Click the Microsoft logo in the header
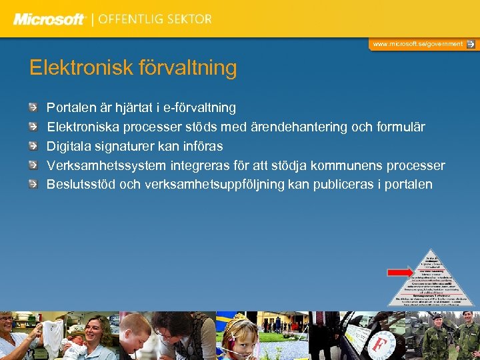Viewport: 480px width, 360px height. [49, 19]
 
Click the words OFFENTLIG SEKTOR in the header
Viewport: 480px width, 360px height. [155, 19]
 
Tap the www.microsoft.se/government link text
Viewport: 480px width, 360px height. [417, 44]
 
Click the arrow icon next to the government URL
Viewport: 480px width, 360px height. [471, 44]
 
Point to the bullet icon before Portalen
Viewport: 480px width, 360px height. [34, 107]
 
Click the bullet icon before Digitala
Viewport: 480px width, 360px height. [34, 146]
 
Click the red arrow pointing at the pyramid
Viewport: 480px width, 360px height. [401, 272]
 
